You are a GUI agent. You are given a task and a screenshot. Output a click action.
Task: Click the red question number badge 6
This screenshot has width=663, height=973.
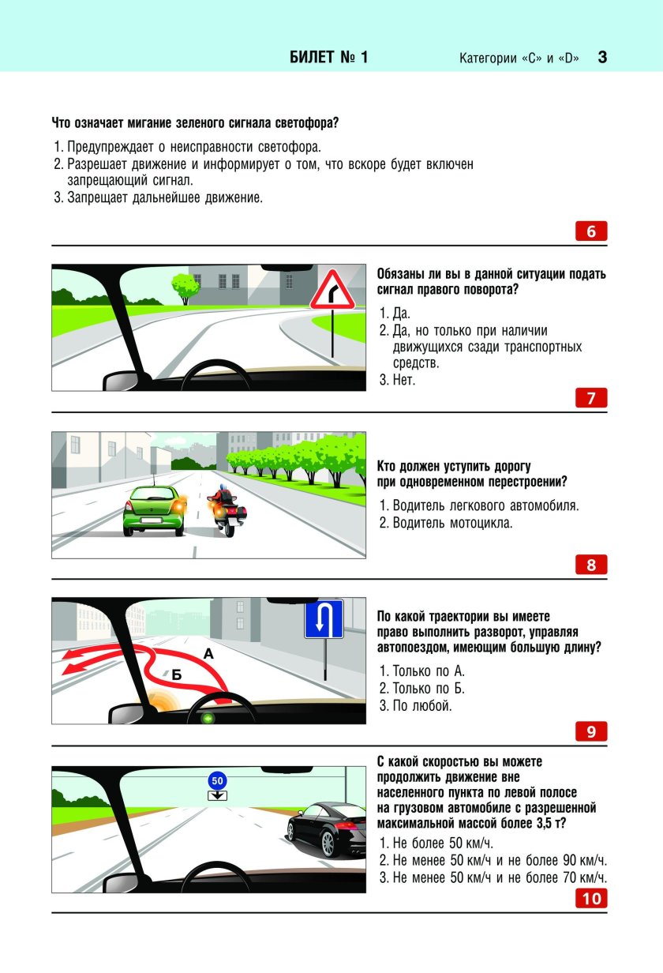tap(591, 231)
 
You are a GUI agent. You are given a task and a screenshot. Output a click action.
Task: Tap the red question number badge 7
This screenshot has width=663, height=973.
tap(591, 398)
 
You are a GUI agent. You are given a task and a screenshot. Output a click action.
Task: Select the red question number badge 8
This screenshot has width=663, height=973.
tap(591, 565)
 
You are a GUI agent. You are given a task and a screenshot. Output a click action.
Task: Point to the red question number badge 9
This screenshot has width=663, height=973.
tap(591, 732)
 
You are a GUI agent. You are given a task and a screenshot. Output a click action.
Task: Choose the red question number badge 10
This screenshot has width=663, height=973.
tap(591, 898)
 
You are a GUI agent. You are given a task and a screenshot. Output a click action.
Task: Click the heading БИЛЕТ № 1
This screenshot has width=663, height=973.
tap(328, 58)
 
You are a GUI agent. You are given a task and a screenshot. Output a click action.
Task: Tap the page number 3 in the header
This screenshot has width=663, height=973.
tap(602, 58)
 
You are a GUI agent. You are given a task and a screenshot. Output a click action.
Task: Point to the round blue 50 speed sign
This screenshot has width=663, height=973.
tap(219, 780)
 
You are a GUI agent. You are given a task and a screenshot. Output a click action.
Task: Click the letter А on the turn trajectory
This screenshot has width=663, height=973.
tap(208, 654)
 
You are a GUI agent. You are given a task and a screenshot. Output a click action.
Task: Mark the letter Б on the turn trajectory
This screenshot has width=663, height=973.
tap(177, 675)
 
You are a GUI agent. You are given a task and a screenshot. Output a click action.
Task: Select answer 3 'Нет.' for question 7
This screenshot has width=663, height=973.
tap(403, 380)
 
